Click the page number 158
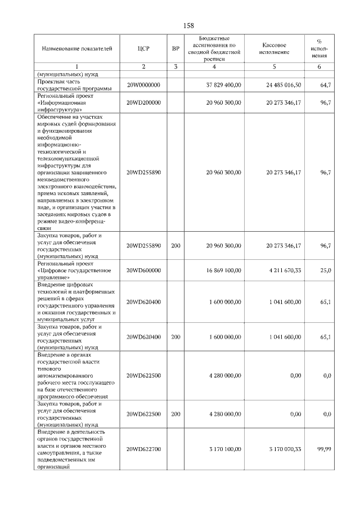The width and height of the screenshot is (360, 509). pos(188,26)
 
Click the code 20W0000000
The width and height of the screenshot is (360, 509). pos(143,85)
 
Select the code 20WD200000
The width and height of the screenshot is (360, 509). pos(143,103)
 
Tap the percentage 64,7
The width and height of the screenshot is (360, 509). pos(325,85)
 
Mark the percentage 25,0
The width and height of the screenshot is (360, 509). pos(325,271)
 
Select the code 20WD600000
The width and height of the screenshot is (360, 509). pos(143,271)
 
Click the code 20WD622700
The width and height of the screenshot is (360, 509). pos(143,449)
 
